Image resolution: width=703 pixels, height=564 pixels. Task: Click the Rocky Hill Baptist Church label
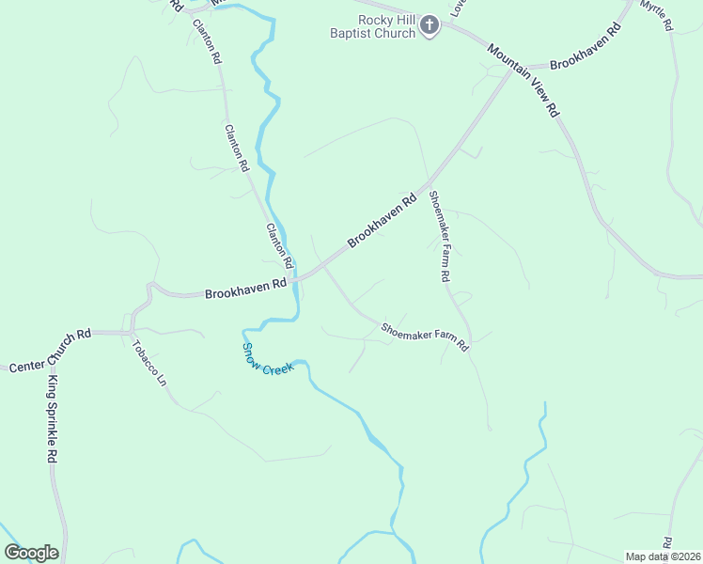[x=385, y=26]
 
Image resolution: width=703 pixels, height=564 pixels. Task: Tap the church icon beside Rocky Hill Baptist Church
[x=430, y=25]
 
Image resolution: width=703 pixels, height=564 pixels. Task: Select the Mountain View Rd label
[x=523, y=79]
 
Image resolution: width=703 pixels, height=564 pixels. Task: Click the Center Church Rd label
[x=50, y=349]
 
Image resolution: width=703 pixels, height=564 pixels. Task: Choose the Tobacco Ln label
[x=148, y=365]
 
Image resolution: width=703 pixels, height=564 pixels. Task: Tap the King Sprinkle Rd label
[x=54, y=419]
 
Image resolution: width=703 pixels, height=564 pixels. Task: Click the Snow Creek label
[x=268, y=357]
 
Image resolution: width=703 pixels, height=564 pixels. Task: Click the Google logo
[x=31, y=552]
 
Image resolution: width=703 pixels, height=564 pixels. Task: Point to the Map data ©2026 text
[x=663, y=556]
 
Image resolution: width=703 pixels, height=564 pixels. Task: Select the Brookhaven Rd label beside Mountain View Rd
[x=586, y=47]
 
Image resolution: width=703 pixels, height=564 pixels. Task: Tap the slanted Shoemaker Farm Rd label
[x=424, y=336]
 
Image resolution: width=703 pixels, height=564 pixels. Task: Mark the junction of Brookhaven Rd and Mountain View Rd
[x=512, y=70]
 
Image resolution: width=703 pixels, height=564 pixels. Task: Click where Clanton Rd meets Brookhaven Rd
[x=294, y=279]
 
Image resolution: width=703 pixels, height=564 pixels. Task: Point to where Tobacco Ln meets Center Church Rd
[x=127, y=333]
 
